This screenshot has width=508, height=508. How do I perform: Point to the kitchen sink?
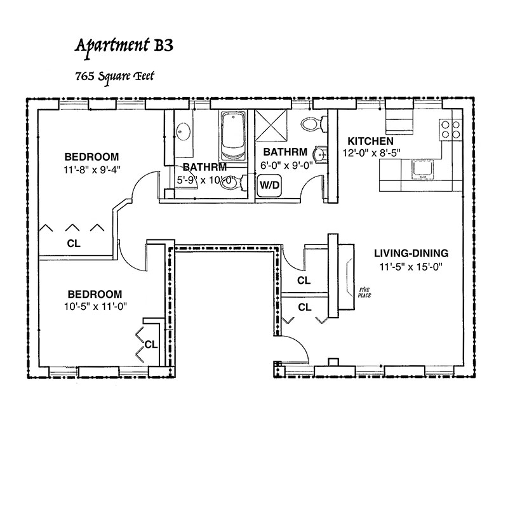pyautogui.click(x=422, y=168)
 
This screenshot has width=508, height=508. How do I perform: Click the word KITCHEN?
pyautogui.click(x=370, y=140)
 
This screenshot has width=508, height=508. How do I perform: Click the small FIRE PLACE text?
pyautogui.click(x=364, y=291)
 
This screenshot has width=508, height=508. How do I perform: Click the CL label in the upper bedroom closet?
pyautogui.click(x=74, y=243)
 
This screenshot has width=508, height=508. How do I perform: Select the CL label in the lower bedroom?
pyautogui.click(x=150, y=345)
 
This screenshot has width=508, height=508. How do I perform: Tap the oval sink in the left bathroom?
pyautogui.click(x=184, y=131)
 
